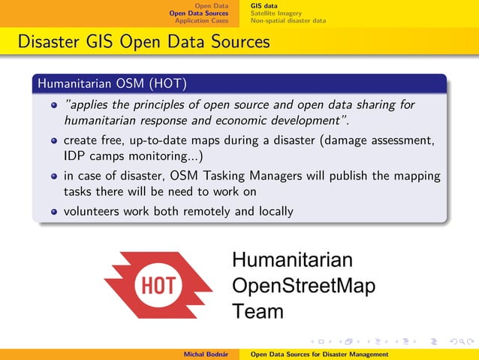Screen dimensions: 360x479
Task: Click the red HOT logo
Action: (158, 285)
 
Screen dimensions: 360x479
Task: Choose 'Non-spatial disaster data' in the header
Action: (288, 20)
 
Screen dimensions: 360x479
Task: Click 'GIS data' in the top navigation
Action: (264, 5)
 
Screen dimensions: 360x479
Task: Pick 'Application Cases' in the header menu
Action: (201, 20)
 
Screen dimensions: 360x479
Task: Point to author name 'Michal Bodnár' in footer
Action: (206, 354)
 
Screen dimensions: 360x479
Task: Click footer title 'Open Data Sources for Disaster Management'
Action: (319, 354)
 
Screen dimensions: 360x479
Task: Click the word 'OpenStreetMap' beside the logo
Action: (304, 286)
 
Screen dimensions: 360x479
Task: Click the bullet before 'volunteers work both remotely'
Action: (53, 212)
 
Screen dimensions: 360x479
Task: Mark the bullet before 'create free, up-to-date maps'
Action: (53, 141)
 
